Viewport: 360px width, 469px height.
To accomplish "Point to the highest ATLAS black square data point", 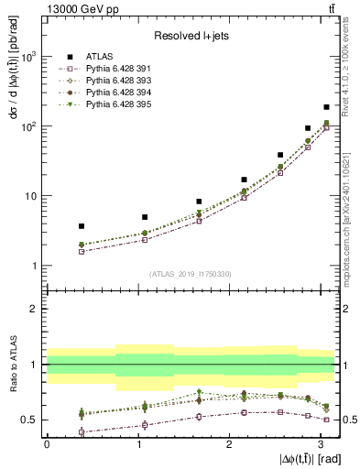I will (326, 107).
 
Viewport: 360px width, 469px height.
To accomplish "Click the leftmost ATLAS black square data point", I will (82, 225).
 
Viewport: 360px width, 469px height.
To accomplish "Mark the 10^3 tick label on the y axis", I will (29, 57).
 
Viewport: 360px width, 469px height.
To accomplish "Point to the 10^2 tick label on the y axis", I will (29, 126).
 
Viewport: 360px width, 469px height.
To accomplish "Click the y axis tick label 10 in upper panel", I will (32, 196).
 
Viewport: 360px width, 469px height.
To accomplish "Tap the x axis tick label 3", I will (319, 442).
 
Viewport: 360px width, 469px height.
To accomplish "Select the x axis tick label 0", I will (47, 442).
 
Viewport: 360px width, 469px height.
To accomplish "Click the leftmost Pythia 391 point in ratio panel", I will (82, 431).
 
